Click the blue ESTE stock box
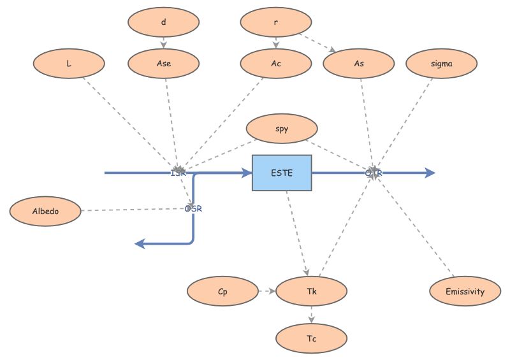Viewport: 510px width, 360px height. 282,173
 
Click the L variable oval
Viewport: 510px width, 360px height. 68,63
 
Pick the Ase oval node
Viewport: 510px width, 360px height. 163,63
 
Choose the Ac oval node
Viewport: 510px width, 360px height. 276,63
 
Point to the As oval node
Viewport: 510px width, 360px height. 359,63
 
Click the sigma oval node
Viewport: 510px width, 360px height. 441,63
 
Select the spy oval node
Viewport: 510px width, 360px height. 282,129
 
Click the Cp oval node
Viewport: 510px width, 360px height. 222,292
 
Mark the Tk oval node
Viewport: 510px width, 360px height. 312,292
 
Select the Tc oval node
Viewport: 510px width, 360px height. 312,338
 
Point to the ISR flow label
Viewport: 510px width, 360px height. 178,173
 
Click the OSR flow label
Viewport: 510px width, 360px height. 193,209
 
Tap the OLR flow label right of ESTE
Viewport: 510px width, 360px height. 374,173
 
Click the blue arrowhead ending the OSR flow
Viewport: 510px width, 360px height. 141,243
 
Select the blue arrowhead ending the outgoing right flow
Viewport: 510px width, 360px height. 430,173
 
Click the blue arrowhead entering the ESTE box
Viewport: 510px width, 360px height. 247,173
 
